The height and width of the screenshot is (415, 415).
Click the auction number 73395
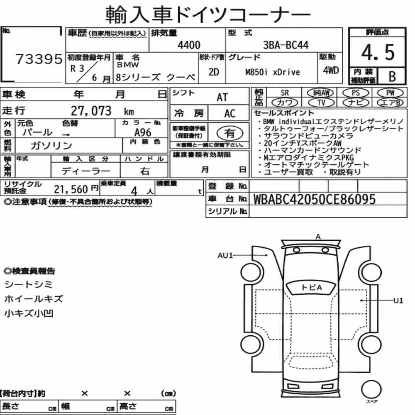pyautogui.click(x=39, y=59)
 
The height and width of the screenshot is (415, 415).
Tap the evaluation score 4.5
pyautogui.click(x=378, y=52)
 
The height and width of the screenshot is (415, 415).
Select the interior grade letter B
pyautogui.click(x=392, y=76)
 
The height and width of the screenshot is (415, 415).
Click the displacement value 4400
pyautogui.click(x=189, y=45)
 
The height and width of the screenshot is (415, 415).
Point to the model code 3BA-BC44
pyautogui.click(x=286, y=45)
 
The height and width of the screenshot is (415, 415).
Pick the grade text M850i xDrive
pyautogui.click(x=273, y=72)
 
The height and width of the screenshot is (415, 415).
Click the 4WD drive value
pyautogui.click(x=331, y=71)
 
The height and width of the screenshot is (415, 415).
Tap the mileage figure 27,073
pyautogui.click(x=91, y=111)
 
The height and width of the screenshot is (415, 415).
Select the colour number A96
pyautogui.click(x=143, y=132)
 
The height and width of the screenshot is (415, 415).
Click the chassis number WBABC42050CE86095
pyautogui.click(x=315, y=199)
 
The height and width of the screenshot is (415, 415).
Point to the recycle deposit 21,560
pyautogui.click(x=71, y=189)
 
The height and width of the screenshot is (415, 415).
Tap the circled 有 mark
pyautogui.click(x=230, y=133)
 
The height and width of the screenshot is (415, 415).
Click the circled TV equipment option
pyautogui.click(x=321, y=103)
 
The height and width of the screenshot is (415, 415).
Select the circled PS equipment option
pyautogui.click(x=356, y=93)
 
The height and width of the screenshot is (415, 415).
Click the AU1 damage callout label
pyautogui.click(x=225, y=255)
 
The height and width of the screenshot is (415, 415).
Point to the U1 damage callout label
pyautogui.click(x=398, y=300)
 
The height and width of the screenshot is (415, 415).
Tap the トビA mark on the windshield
pyautogui.click(x=312, y=288)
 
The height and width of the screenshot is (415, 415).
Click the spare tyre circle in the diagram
pyautogui.click(x=371, y=390)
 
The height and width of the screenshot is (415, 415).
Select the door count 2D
pyautogui.click(x=214, y=72)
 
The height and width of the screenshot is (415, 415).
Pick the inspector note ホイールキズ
pyautogui.click(x=34, y=299)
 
